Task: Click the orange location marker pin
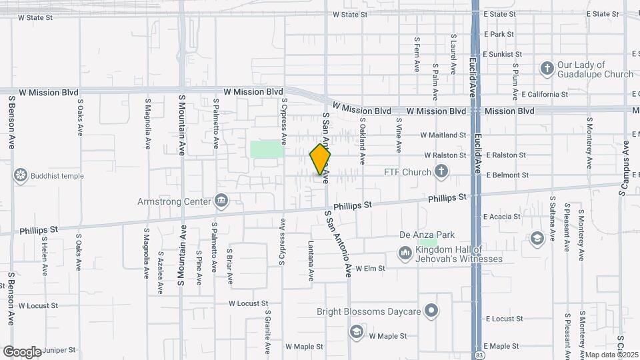coord(320,159)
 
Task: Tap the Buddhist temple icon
coord(21,176)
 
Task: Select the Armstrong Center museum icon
coord(221,201)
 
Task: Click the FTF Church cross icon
coord(441,172)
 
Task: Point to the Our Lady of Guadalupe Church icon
coord(547,69)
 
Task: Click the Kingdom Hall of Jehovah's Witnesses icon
coord(405,253)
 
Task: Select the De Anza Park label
coord(427,235)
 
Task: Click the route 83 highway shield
coord(479,355)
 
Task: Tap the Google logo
coord(22,351)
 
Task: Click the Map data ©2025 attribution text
coord(612,355)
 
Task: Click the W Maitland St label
coord(443,135)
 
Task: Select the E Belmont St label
coord(507,175)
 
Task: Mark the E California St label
coord(545,95)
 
